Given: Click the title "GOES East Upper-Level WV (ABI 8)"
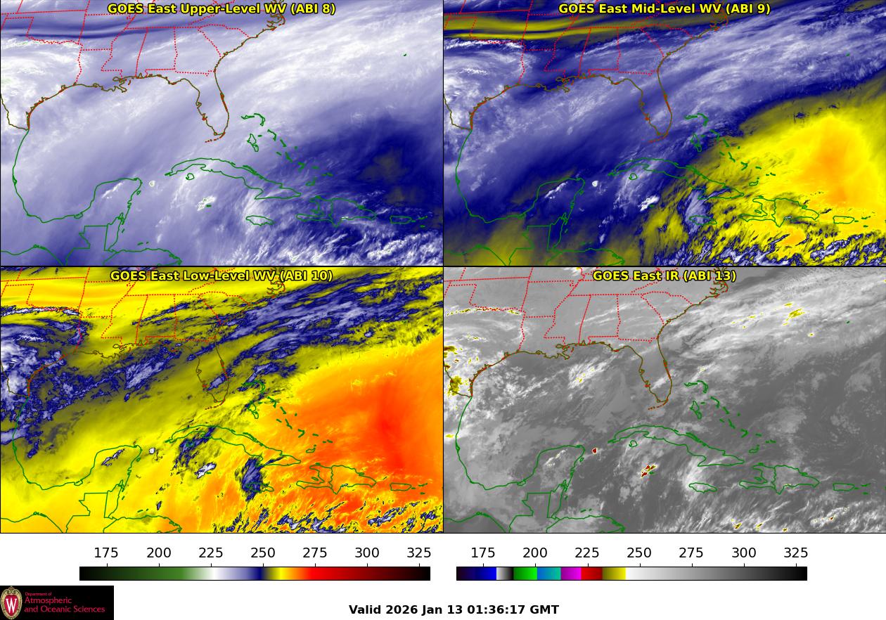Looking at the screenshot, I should point(221,8).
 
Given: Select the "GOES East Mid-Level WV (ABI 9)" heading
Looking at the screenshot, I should point(664,8).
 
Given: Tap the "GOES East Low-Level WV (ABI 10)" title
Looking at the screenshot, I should point(221,276).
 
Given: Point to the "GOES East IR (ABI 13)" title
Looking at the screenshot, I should point(664,276).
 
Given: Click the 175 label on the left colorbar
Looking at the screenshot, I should point(106,553).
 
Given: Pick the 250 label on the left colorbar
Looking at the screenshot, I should point(263,553).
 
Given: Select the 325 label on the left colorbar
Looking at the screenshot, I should point(419,553).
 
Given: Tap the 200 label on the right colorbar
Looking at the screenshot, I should point(535,553).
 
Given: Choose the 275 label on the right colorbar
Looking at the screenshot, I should point(692,553).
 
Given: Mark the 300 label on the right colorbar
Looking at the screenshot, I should point(744,553).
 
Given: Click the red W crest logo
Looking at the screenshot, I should point(11,602).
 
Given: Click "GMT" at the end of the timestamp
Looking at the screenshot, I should point(544,609).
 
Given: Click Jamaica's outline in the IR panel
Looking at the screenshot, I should point(704,488).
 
